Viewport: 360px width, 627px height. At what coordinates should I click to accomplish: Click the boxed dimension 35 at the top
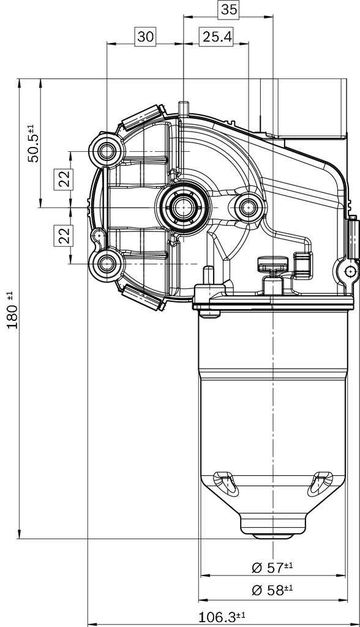229,9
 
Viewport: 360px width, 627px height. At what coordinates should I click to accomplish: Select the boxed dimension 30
145,37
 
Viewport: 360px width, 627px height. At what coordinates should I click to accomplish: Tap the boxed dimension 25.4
217,37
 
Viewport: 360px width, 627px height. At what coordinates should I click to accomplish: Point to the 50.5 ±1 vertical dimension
33,143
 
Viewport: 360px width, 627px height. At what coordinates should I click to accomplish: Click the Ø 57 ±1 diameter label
272,567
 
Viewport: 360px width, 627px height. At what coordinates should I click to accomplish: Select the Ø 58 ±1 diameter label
272,590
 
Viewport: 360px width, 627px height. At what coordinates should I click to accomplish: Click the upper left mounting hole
108,150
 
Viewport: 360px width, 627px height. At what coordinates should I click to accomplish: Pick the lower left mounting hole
108,264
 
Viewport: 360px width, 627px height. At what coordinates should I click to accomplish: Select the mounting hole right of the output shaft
249,208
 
